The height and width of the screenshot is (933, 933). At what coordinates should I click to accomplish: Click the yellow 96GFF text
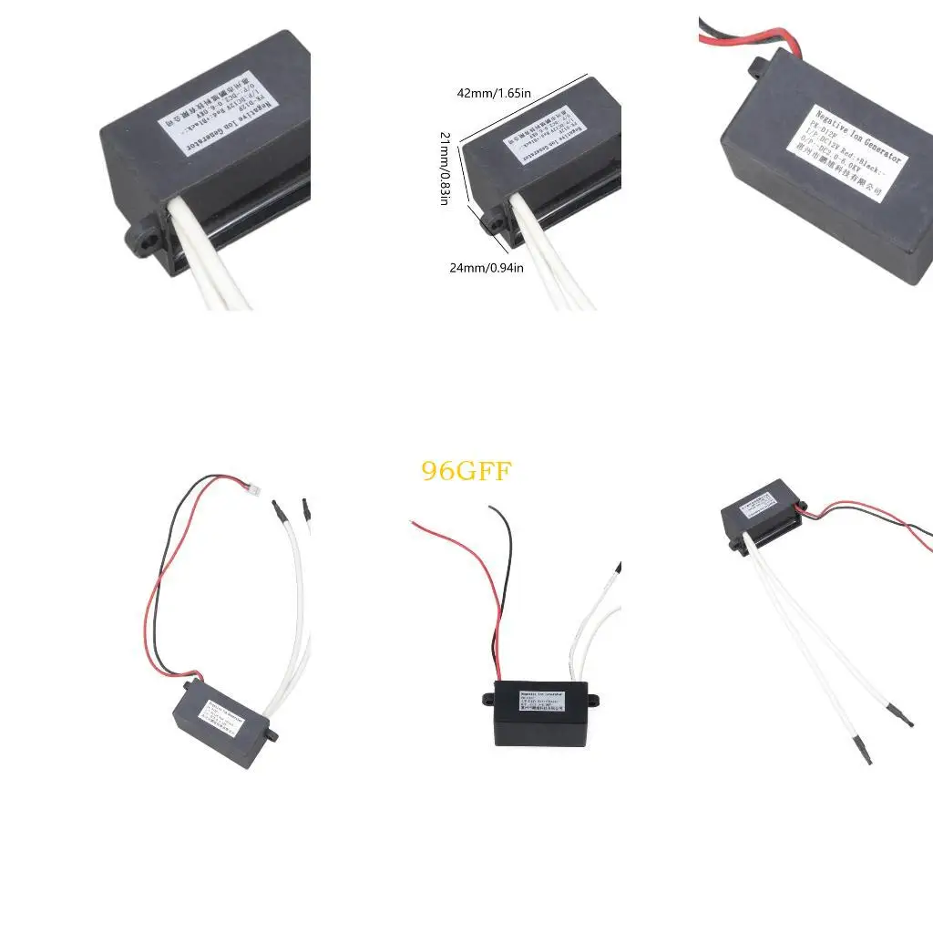[x=466, y=471]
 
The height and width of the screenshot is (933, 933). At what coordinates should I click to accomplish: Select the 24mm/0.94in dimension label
[x=487, y=268]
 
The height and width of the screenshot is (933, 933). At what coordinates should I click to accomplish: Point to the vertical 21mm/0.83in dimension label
[x=445, y=168]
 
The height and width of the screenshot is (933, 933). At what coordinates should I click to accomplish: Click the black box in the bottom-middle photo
[x=538, y=714]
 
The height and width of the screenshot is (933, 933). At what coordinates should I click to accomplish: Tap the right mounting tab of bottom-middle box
[x=592, y=700]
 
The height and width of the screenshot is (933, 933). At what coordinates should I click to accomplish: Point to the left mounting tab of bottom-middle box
[x=487, y=700]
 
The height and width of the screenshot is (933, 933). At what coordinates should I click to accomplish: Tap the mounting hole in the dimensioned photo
[x=495, y=221]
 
